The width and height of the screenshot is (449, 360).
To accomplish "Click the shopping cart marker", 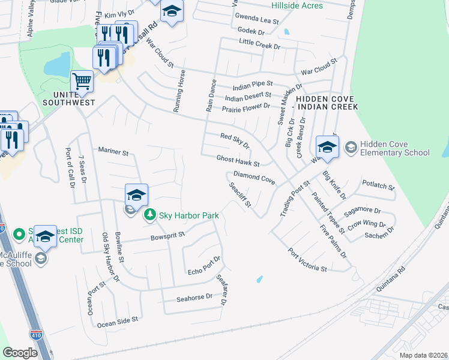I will [82, 81].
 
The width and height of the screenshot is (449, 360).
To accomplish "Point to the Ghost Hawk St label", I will [238, 161].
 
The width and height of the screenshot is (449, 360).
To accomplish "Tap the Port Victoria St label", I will [307, 260].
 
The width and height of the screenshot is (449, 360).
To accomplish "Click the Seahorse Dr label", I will [194, 297].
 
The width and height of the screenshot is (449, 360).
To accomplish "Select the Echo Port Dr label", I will [204, 264].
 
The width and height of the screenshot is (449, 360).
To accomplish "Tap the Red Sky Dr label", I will [235, 141].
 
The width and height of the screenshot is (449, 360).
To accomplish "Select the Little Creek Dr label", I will [259, 45].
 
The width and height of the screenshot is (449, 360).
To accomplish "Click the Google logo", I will [20, 353].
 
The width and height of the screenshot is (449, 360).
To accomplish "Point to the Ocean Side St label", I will [118, 323].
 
